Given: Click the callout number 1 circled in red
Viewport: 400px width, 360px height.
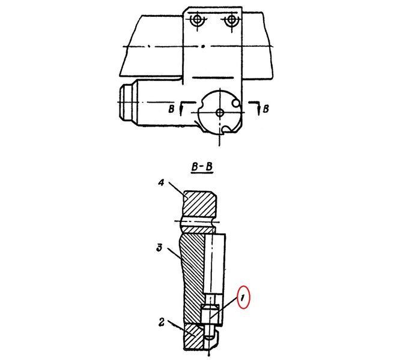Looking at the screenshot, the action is [x=243, y=297].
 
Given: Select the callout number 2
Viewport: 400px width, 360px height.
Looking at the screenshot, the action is [x=162, y=322].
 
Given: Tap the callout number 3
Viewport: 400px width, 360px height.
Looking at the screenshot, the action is [x=159, y=247].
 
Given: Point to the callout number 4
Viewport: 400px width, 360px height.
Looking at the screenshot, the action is [x=161, y=182].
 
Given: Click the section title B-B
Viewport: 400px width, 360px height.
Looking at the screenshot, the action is [x=202, y=167].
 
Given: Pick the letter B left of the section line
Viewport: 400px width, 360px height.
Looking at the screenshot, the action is [x=171, y=109].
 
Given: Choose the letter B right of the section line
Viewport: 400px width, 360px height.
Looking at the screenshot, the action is [x=266, y=109].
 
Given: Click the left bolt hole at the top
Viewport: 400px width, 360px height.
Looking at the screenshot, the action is [x=197, y=19].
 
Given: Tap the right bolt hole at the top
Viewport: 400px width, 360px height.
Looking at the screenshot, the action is [x=232, y=19].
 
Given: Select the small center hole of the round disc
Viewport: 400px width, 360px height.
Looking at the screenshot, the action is [x=220, y=112].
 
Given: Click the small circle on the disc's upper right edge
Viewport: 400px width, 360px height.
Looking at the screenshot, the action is [x=235, y=103].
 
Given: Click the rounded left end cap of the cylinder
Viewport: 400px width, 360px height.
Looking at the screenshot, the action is [x=126, y=103].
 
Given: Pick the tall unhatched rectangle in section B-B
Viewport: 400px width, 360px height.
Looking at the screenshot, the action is [x=214, y=263].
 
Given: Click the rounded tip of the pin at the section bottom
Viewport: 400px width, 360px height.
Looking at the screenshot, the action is [x=210, y=337].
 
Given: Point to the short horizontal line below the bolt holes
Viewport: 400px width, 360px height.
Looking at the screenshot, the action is [x=212, y=77].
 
